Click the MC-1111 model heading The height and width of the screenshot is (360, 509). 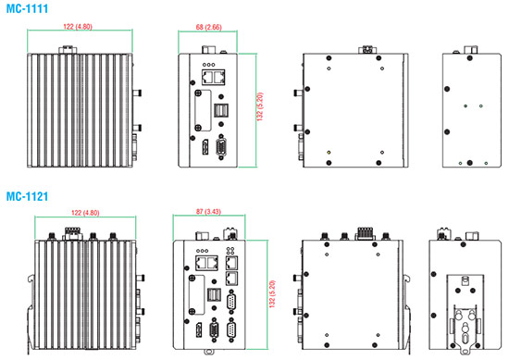pyautogui.click(x=27, y=8)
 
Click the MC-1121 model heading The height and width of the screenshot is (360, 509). pyautogui.click(x=27, y=196)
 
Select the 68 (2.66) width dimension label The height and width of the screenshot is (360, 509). pyautogui.click(x=208, y=27)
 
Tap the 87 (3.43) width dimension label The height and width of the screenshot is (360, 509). pyautogui.click(x=208, y=212)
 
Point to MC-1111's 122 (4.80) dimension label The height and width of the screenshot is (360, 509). pyautogui.click(x=78, y=27)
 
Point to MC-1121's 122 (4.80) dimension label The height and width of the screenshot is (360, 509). pyautogui.click(x=85, y=213)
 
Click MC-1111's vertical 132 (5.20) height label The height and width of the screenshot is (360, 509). pyautogui.click(x=260, y=106)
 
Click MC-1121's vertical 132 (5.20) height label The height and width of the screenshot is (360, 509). pyautogui.click(x=272, y=294)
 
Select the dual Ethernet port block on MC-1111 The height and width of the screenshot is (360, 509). pyautogui.click(x=213, y=77)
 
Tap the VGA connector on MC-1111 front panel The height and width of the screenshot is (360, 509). pyautogui.click(x=221, y=147)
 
